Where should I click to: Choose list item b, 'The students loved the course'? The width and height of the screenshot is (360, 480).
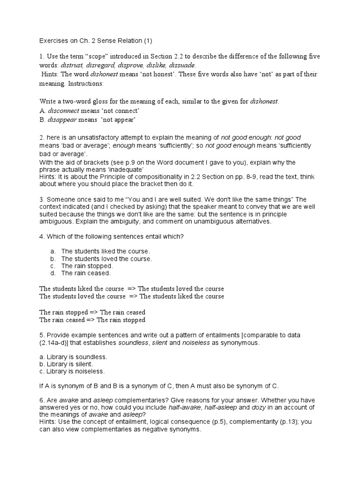106,258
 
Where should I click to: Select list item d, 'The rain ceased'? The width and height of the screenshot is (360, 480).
86,272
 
